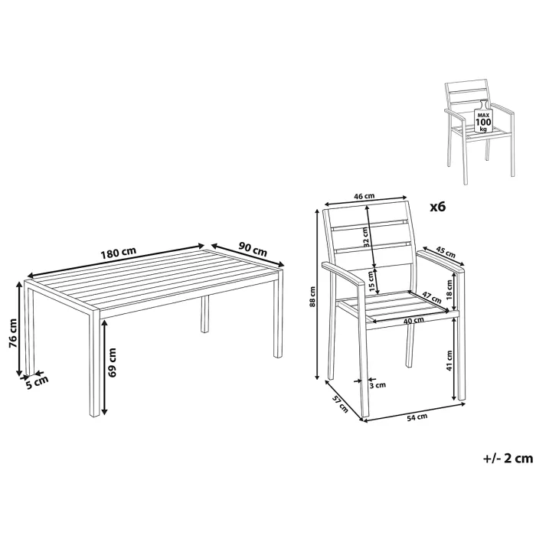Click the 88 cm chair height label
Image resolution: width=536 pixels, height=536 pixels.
click(312, 296)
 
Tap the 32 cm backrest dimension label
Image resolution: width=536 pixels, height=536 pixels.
click(366, 237)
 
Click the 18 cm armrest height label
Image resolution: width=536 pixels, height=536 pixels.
click(449, 288)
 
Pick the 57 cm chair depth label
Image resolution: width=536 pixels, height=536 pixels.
click(339, 404)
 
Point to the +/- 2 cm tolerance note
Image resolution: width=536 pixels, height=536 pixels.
click(507, 459)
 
